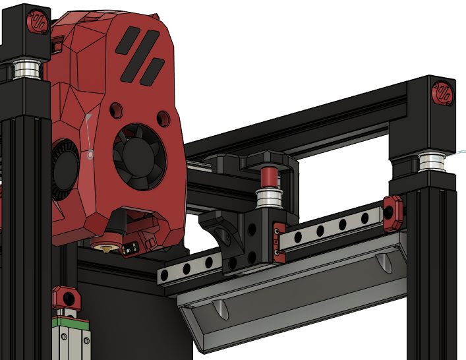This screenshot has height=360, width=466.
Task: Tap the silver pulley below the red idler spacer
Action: coord(270,197)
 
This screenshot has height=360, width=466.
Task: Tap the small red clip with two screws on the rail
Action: coord(278,242)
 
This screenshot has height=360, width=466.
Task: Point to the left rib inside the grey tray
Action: coord(220,307)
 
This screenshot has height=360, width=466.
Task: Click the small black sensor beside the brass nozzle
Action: coord(129,247)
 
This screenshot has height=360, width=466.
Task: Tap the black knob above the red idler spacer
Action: coord(268,160)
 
